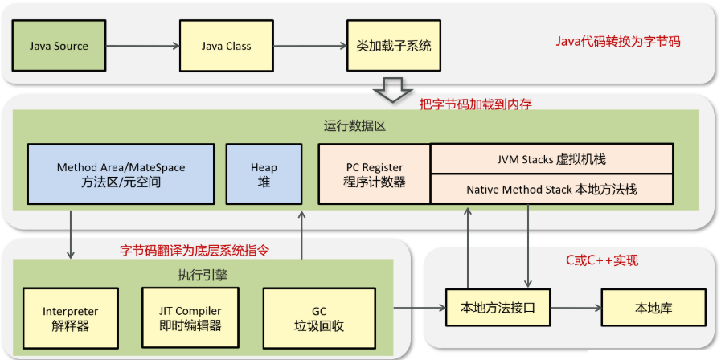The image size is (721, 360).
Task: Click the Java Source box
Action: coord(59,46)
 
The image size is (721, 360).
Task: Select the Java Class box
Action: coord(226,46)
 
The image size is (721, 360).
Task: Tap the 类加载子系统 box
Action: coord(394,46)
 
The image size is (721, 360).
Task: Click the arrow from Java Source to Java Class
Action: coord(143,46)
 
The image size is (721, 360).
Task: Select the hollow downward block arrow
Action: coord(394,90)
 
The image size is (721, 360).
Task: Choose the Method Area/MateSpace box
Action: coord(121,174)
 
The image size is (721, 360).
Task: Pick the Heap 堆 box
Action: coord(264,174)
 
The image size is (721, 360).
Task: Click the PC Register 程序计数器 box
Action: coord(375,174)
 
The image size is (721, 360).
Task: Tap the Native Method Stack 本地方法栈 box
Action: coord(551,190)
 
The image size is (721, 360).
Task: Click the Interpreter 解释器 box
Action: coord(71,318)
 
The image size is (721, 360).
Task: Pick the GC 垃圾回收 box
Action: coord(308,318)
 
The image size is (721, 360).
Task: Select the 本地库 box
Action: coord(652,308)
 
